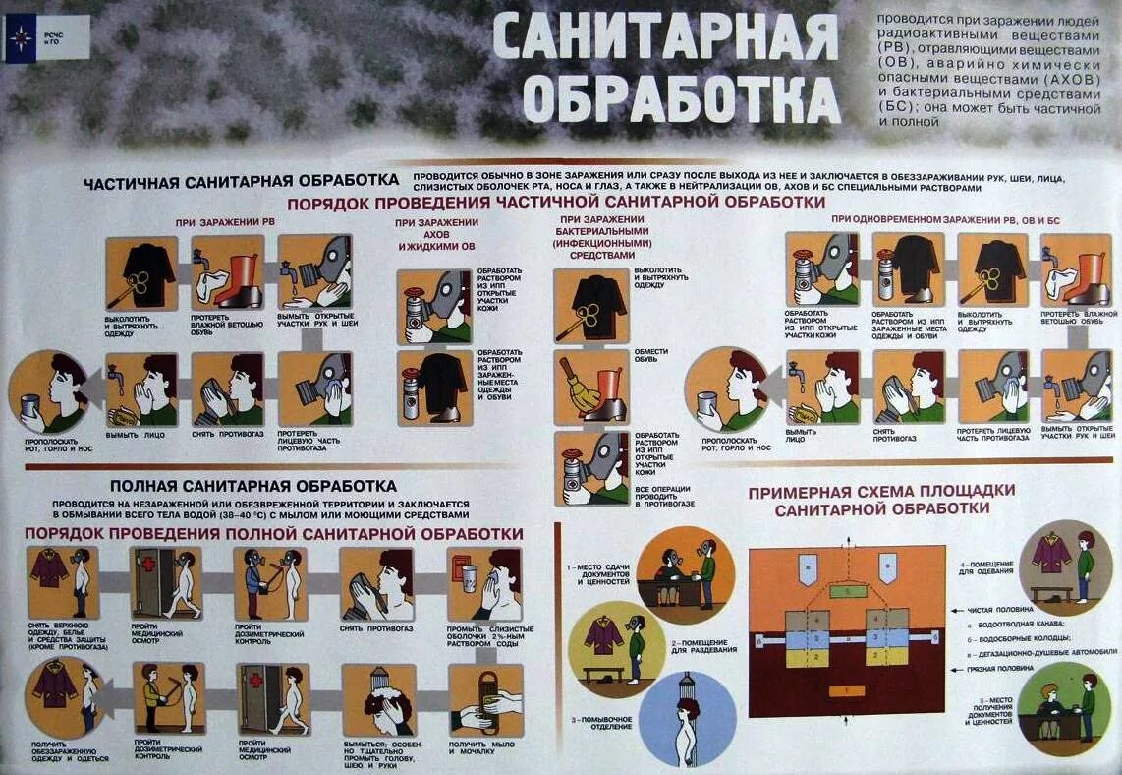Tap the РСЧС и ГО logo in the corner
[x=46, y=39]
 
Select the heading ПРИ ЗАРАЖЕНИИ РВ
[x=224, y=222]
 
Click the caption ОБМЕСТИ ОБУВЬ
[x=651, y=356]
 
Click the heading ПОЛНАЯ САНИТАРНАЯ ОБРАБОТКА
[x=252, y=486]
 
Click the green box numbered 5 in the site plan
[x=848, y=591]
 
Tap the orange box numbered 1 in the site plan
[x=847, y=691]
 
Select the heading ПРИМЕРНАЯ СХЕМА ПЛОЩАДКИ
[x=881, y=490]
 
